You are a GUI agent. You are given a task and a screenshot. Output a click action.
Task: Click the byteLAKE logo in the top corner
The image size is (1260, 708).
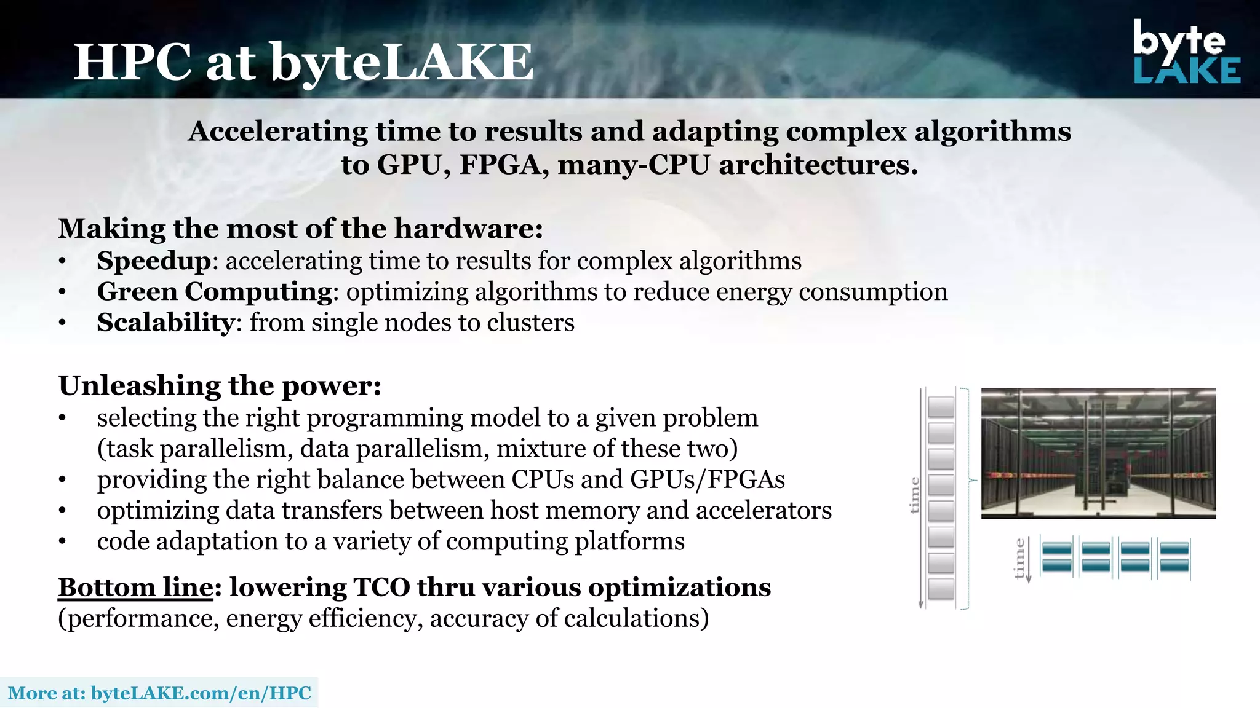click(1186, 52)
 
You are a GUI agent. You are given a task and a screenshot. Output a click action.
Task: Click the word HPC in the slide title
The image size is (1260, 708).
click(132, 62)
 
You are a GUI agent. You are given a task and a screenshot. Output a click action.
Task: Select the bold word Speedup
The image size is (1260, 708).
click(154, 261)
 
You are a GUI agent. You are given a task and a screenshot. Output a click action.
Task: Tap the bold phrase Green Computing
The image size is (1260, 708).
click(215, 292)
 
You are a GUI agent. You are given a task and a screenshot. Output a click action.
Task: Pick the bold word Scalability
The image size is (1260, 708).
click(165, 323)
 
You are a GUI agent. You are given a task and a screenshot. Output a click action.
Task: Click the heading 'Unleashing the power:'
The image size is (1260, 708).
click(220, 386)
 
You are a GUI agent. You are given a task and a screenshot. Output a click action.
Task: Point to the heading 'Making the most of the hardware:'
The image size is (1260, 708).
click(300, 229)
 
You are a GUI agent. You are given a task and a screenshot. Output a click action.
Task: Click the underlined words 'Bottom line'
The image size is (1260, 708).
click(135, 588)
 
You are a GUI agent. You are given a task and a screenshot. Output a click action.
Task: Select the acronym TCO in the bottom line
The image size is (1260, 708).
click(381, 588)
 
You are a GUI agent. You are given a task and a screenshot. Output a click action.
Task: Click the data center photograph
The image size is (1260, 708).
click(1098, 453)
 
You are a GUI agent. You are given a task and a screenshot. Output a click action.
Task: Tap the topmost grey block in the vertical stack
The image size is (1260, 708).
click(941, 407)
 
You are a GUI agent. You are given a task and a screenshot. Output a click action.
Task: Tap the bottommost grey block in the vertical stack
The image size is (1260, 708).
click(941, 589)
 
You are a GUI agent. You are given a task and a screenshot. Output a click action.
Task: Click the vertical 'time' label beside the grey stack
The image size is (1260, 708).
click(914, 495)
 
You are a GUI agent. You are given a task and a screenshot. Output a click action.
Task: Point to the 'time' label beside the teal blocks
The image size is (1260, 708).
click(1019, 558)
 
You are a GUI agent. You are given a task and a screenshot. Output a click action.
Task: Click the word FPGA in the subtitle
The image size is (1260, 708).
click(499, 165)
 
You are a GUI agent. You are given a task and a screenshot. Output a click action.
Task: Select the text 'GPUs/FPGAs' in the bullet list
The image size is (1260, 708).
click(707, 480)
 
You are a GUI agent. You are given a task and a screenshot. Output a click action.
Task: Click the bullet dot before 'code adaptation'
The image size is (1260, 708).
click(62, 542)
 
